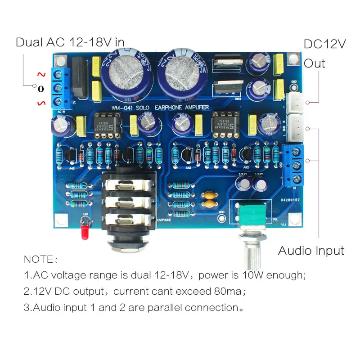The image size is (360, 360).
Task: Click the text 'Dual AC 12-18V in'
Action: [70, 42]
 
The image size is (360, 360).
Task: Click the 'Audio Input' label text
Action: [311, 251]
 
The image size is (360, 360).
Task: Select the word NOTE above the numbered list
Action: [39, 260]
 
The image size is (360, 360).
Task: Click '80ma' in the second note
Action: [230, 291]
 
